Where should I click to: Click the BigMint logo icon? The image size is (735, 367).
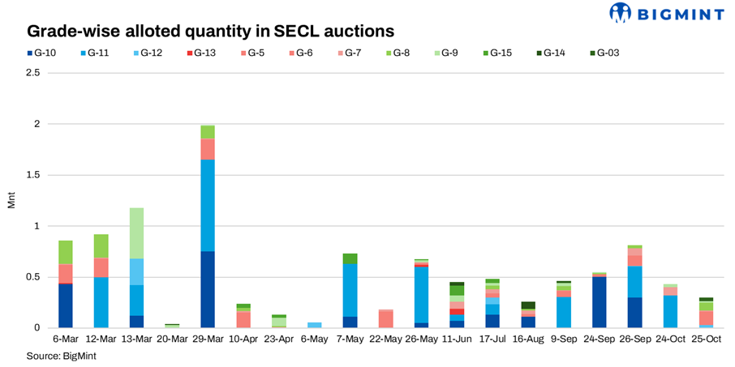coord(620,13)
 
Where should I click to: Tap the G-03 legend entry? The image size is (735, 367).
coord(603,53)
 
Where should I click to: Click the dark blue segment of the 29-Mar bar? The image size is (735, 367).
coord(208,289)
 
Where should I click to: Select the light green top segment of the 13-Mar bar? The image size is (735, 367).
coord(136,233)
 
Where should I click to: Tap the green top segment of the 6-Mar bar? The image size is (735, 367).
coord(66,252)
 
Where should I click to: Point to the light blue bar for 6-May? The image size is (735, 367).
coord(314,325)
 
